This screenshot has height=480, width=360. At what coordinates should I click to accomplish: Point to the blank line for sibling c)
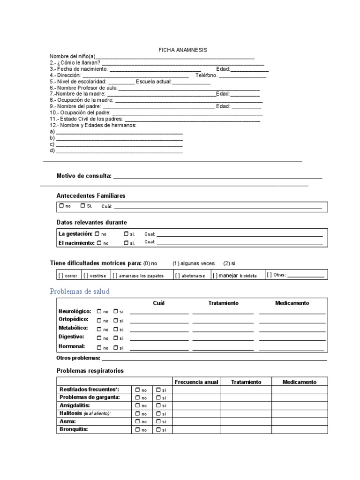(119, 145)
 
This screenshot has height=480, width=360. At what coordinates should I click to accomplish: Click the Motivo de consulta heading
(84, 176)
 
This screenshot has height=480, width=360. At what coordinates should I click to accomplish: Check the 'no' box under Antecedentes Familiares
(61, 206)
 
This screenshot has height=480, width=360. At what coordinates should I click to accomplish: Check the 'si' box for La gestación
(126, 233)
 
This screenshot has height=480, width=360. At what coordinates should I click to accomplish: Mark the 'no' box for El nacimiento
(99, 243)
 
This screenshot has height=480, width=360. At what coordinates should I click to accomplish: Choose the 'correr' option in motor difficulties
(68, 276)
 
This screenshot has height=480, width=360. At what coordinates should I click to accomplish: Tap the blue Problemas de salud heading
(80, 292)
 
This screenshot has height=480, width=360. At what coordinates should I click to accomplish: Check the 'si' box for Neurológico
(116, 311)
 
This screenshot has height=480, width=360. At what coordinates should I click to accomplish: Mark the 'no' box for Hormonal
(99, 347)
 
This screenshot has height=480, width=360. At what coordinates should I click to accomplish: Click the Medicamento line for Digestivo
(292, 338)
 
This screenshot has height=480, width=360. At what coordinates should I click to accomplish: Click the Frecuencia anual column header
(196, 382)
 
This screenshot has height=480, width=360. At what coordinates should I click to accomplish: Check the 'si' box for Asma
(158, 421)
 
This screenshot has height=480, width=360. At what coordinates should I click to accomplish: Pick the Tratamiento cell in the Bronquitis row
(246, 429)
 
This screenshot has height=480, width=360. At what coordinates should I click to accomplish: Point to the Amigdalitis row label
(75, 405)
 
